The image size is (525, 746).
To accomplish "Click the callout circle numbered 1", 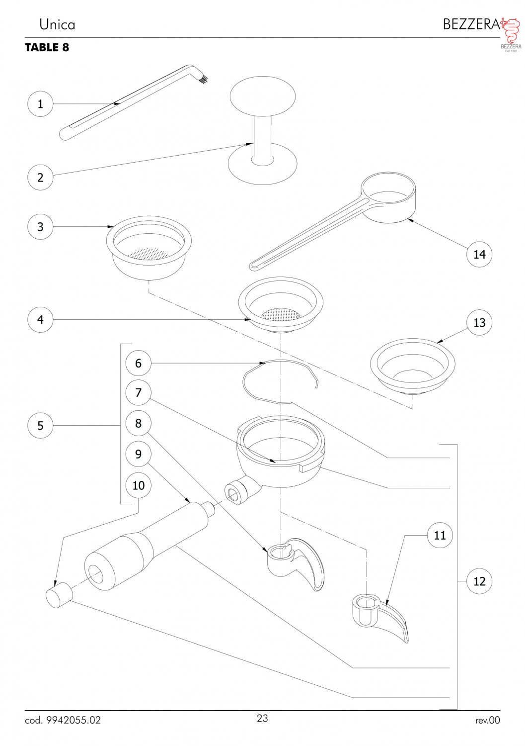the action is (x=40, y=104).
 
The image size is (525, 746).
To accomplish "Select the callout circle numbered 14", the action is (x=479, y=255).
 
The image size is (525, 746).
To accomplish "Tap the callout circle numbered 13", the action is (x=479, y=322).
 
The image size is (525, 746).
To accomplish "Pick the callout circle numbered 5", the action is (x=40, y=425).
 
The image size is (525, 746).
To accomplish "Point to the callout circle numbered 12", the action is (x=479, y=581).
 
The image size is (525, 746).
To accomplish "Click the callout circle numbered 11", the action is (x=440, y=535).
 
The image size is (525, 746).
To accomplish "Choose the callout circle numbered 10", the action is (x=139, y=485).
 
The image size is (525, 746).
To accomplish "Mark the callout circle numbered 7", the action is (x=139, y=393).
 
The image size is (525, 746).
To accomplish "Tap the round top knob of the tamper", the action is (x=262, y=96).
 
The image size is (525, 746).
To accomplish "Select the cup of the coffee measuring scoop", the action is (x=388, y=197).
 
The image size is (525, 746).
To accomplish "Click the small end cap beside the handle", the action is (x=59, y=598).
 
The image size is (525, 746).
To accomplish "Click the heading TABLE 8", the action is (x=47, y=47).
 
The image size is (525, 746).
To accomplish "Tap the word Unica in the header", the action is (x=57, y=25).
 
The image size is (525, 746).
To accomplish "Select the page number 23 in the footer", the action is (x=262, y=718).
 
